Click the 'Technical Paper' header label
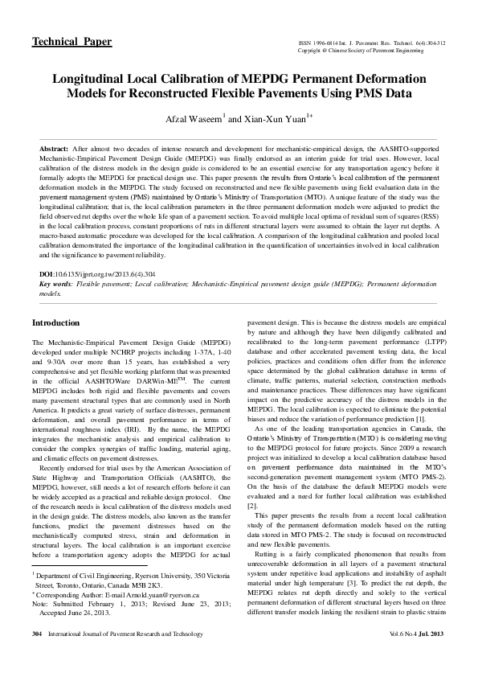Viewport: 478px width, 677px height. point(71,41)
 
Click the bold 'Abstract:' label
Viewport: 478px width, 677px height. point(55,150)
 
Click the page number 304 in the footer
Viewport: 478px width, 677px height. point(36,657)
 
